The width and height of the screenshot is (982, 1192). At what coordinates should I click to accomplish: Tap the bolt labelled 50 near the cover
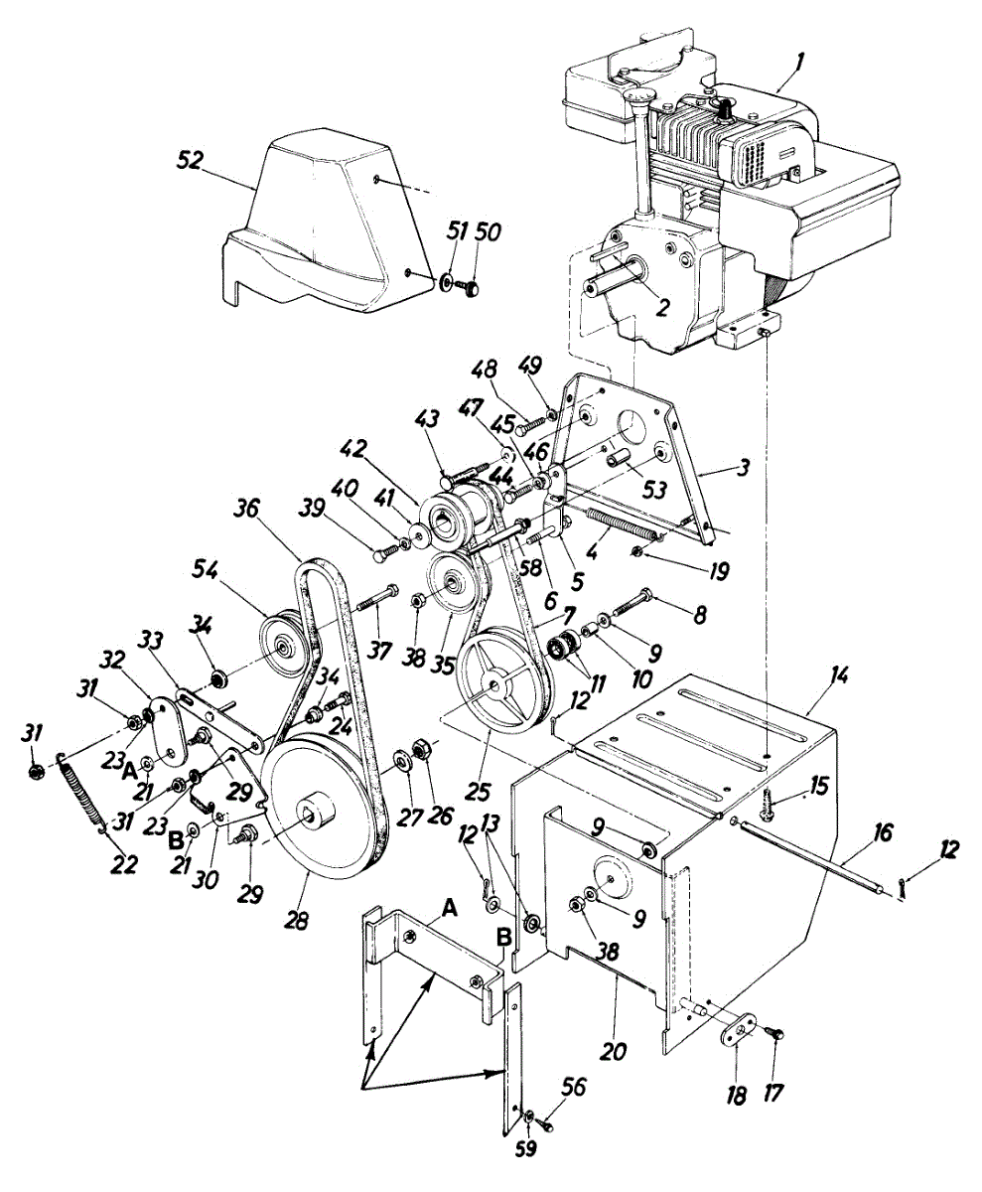tap(472, 285)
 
